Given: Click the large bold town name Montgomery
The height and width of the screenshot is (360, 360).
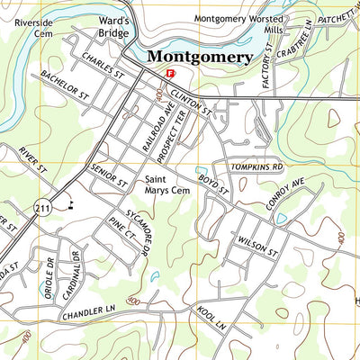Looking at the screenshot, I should tap(199, 57).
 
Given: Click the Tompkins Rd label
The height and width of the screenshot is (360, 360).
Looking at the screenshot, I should tap(257, 167).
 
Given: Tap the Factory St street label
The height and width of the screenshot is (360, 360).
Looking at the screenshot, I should tap(265, 70).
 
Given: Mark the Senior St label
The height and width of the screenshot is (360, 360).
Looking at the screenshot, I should tap(110, 175).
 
